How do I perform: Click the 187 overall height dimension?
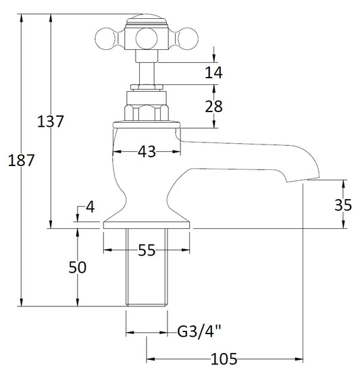click(21, 161)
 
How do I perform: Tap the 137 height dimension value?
click(51, 122)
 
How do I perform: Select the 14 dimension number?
click(213, 72)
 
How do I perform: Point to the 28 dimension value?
click(213, 107)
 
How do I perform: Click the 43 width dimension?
click(147, 152)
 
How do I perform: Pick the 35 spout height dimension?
click(343, 205)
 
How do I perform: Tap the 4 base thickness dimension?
click(91, 207)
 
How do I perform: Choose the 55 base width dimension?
click(147, 250)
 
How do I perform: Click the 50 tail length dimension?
click(77, 267)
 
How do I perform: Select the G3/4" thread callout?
click(199, 331)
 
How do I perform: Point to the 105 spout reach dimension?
click(224, 359)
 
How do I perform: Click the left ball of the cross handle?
click(106, 38)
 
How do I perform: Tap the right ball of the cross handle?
click(188, 38)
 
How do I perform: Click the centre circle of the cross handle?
click(147, 38)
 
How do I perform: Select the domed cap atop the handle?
click(147, 20)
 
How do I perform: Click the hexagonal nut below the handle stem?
click(147, 113)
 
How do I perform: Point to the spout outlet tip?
click(303, 180)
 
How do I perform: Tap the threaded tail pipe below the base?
click(147, 267)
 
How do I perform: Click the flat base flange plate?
click(147, 225)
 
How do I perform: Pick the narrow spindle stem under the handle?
click(147, 74)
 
